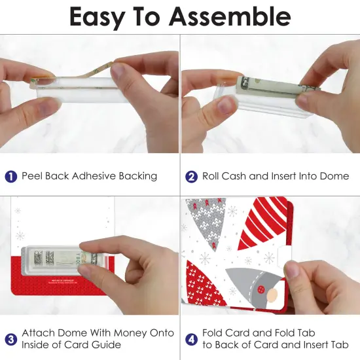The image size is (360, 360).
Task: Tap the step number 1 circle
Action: [x=11, y=176]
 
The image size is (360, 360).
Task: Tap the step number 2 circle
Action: [x=192, y=176]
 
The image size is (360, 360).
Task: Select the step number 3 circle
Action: [x=11, y=339]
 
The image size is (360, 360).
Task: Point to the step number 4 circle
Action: [x=192, y=339]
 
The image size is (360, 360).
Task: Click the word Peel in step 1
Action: [x=33, y=176]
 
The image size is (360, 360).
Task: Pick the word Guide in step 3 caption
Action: [x=110, y=345]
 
